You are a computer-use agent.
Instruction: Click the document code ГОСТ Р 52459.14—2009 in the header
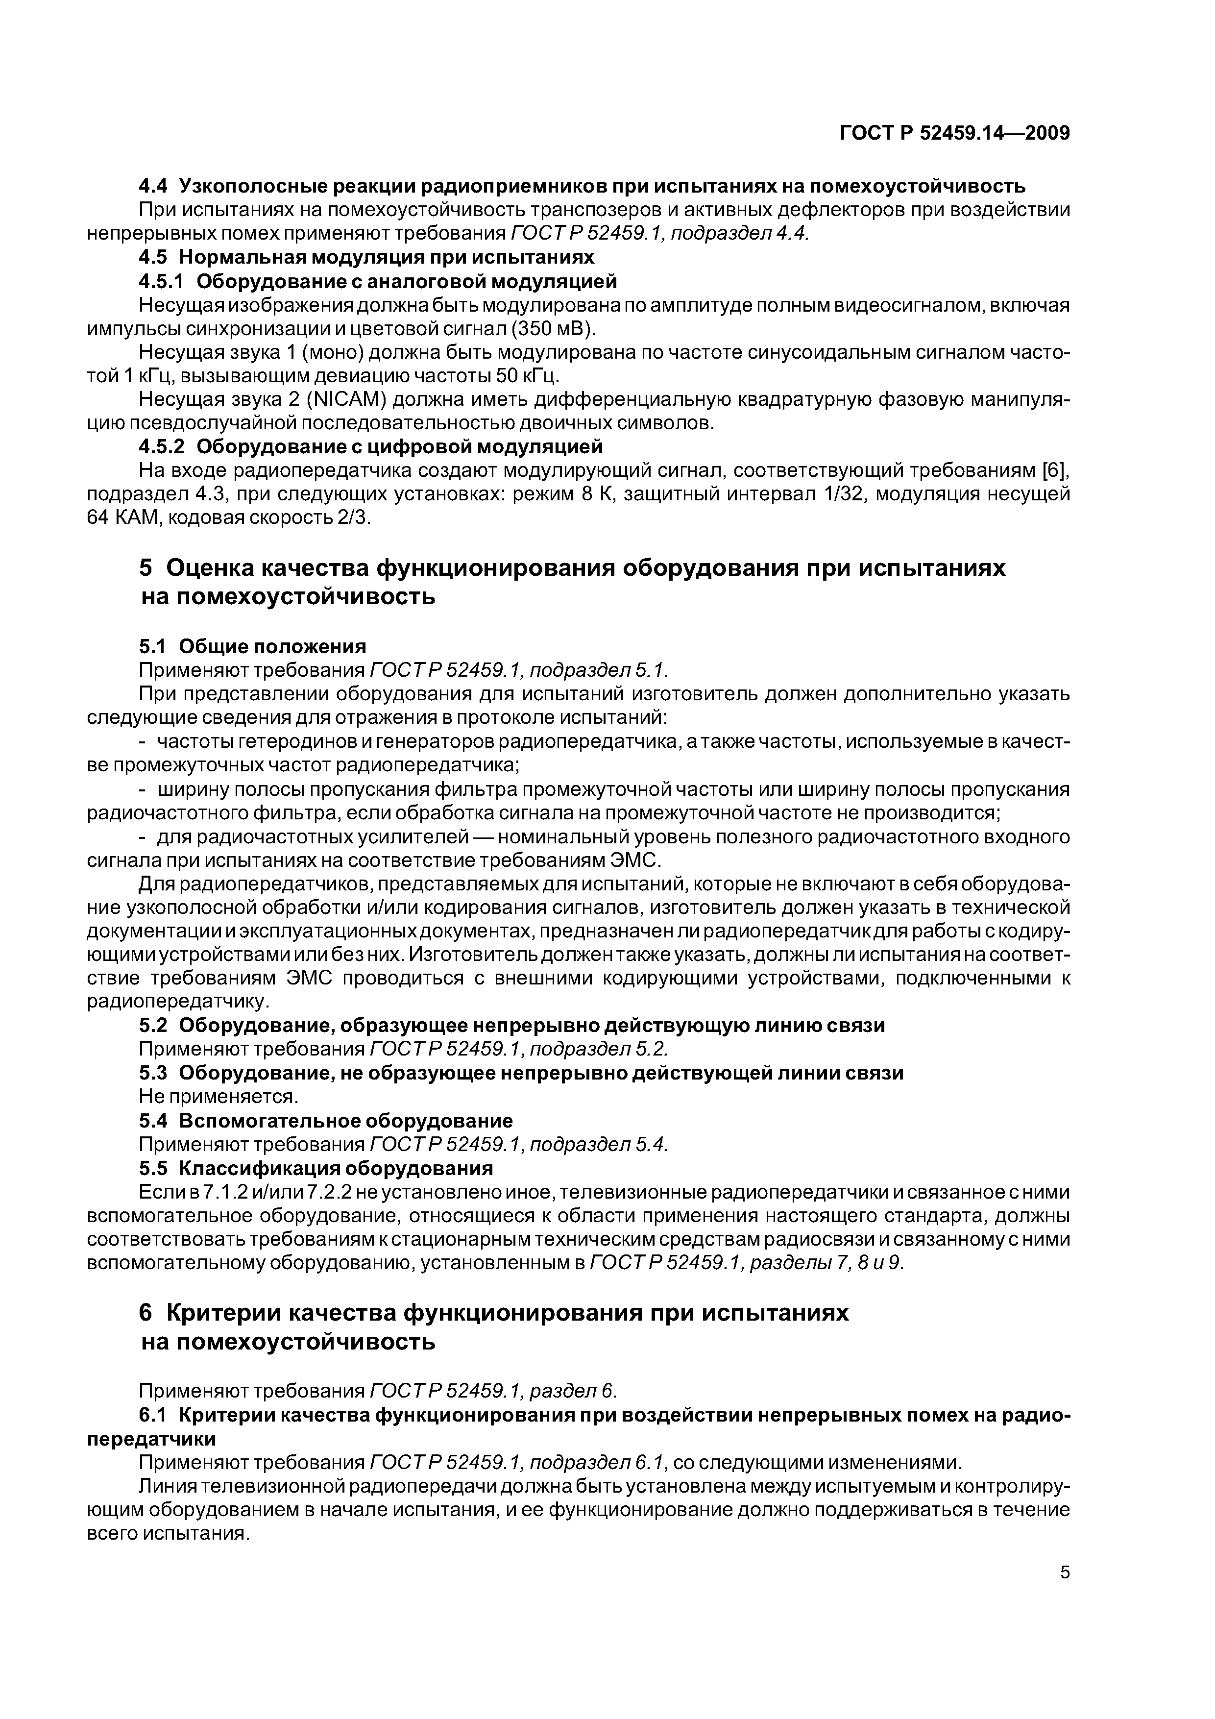954,133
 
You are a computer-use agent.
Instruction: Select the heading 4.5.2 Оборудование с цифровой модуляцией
370,447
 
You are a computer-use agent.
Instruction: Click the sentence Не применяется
219,1097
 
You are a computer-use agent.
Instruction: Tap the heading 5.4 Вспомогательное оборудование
326,1121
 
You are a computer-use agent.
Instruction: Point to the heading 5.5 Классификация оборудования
316,1169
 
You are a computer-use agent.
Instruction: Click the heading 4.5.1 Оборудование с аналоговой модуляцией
378,281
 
